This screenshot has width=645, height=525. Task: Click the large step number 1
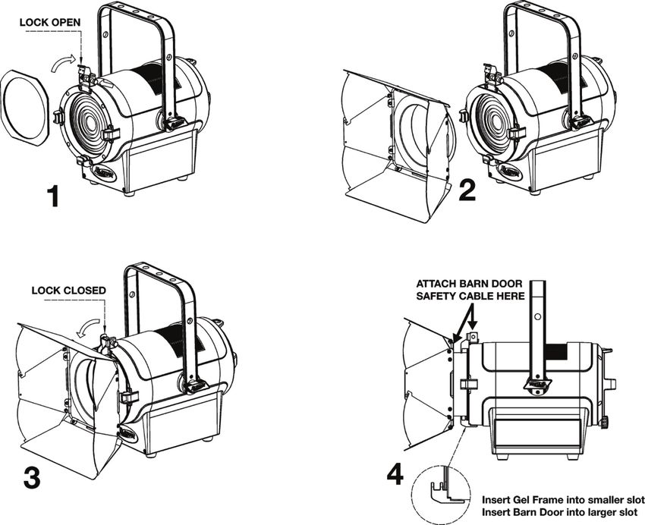[x=52, y=196]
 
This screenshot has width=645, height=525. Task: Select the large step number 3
[x=32, y=477]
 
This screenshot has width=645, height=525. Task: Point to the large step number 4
[x=394, y=474]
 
